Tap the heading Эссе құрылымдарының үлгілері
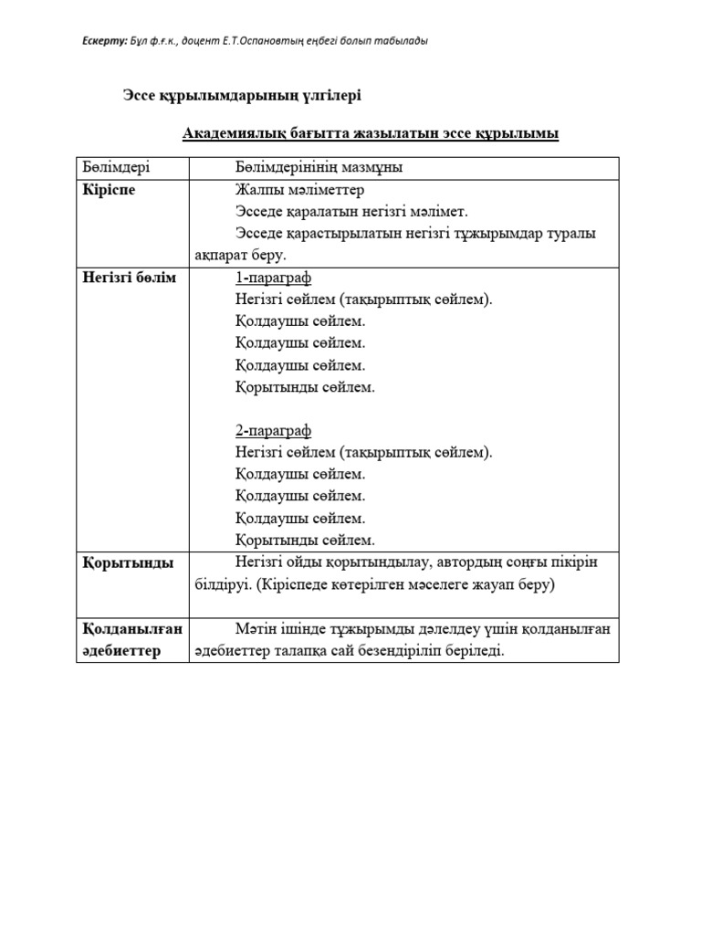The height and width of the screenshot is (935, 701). (235, 94)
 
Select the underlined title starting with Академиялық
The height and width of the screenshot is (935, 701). (371, 134)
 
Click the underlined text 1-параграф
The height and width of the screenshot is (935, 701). (273, 278)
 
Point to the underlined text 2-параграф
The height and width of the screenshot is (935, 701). (273, 431)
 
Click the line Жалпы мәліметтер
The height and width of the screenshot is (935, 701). (299, 190)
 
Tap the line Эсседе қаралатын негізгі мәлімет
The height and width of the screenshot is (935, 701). (350, 212)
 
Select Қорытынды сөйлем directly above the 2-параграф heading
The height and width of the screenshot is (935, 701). (305, 387)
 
